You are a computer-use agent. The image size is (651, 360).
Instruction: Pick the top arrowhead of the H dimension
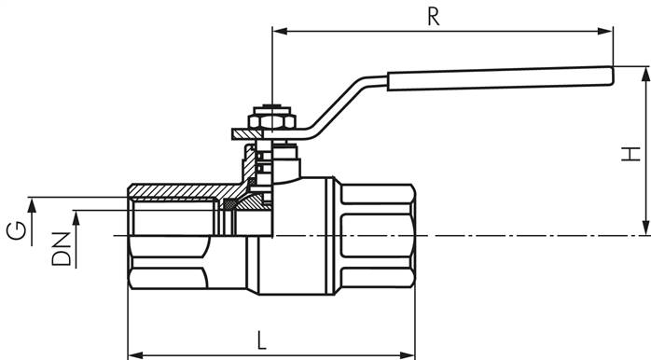[644, 73]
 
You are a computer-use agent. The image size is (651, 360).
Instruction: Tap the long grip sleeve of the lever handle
[494, 79]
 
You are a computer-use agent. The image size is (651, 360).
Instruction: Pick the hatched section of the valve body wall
[177, 191]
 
